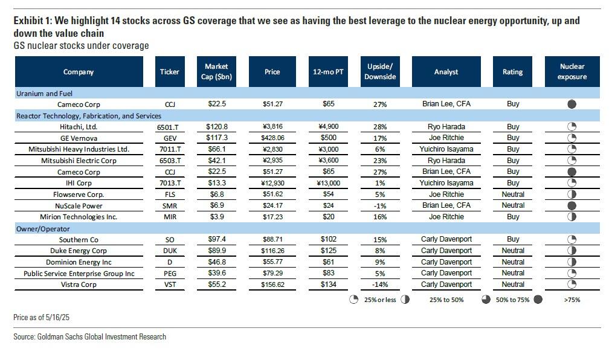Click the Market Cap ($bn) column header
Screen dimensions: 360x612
tap(216, 71)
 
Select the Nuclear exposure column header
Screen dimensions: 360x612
tap(572, 71)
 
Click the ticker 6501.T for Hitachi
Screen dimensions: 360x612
tap(170, 127)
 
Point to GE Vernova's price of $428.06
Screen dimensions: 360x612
tap(272, 138)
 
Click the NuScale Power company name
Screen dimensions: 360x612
tap(79, 205)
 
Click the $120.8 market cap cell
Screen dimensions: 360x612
tap(216, 127)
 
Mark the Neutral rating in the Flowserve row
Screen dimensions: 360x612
tap(512, 194)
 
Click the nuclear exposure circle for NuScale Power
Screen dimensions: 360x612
tap(572, 206)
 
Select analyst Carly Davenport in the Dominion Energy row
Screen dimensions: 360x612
tap(446, 262)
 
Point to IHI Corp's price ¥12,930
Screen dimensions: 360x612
tap(272, 183)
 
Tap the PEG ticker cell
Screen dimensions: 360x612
tap(170, 274)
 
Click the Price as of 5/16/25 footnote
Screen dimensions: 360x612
tap(39, 317)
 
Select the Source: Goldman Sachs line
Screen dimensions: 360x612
tap(89, 336)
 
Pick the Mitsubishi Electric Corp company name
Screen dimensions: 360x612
tap(79, 161)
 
